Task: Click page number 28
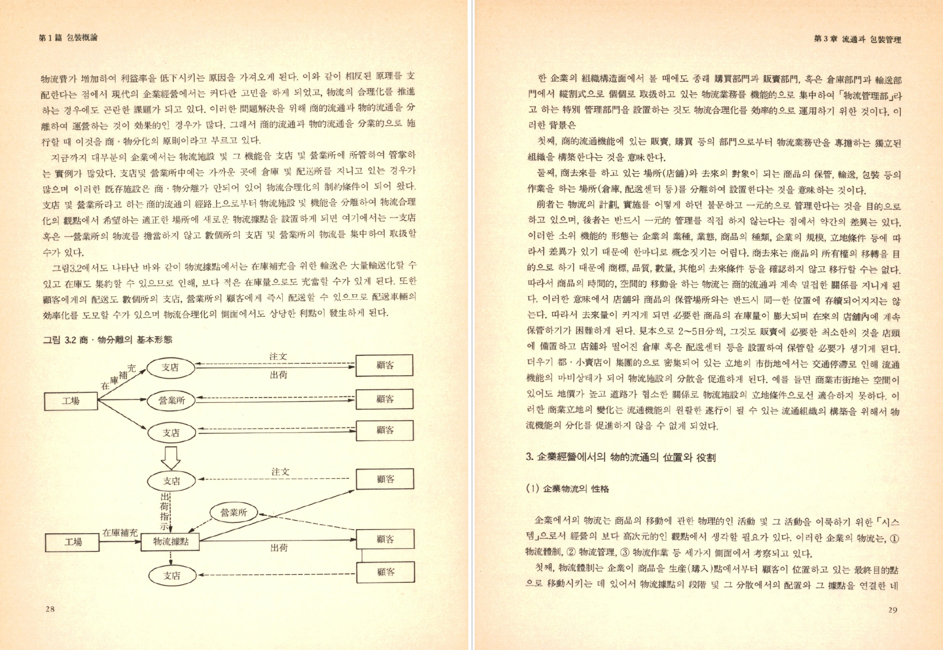(50, 609)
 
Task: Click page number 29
(893, 610)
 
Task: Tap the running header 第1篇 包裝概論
(68, 38)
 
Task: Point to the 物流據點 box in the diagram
(171, 541)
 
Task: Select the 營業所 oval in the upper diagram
(171, 400)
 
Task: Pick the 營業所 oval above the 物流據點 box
(234, 512)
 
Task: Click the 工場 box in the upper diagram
(71, 401)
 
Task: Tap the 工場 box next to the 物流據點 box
(73, 541)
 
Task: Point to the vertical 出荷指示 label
(166, 512)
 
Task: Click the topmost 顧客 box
(385, 365)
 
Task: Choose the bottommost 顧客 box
(385, 571)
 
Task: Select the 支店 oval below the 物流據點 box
(172, 575)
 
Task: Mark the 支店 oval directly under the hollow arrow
(171, 481)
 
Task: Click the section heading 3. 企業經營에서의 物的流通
(621, 457)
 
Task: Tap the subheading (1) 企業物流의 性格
(568, 489)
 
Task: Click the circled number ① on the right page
(894, 538)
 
